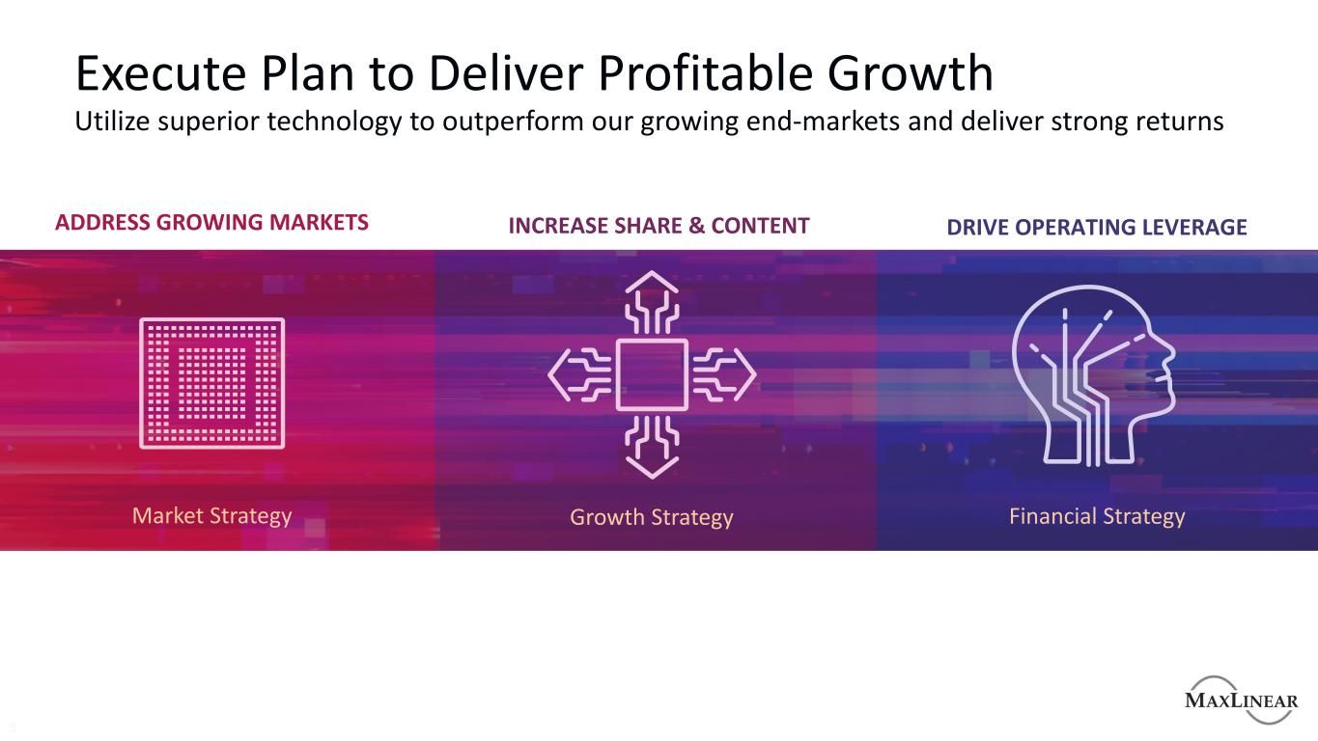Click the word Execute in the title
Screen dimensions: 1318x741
point(160,73)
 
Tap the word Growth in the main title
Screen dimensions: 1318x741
point(911,73)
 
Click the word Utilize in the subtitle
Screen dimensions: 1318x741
point(112,122)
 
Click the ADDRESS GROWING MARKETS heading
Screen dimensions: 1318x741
point(211,222)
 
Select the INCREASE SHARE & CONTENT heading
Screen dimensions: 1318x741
point(659,226)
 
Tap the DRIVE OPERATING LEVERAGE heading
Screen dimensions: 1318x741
point(1097,227)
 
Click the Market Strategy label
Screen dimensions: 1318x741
point(211,516)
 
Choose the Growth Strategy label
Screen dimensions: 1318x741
point(652,518)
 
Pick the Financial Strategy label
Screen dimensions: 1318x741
point(1097,517)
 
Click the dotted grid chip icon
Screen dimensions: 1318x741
point(211,383)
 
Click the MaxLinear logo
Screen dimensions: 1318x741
point(1241,700)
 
